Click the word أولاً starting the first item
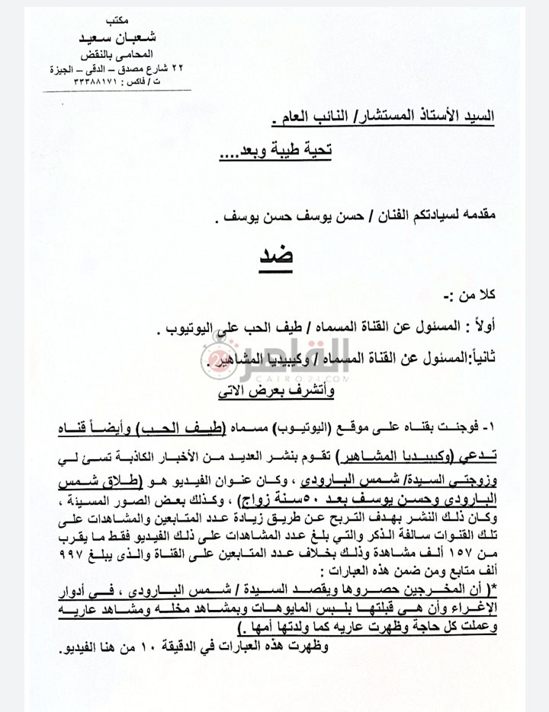tap(477, 327)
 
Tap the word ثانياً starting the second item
tap(476, 354)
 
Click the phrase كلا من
tap(478, 293)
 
